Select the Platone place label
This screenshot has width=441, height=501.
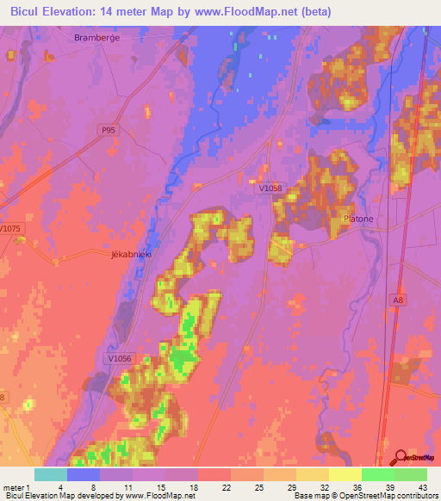(359, 220)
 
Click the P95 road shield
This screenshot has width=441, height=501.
(106, 129)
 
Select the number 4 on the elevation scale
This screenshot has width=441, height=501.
(68, 487)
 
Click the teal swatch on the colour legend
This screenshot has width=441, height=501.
(51, 474)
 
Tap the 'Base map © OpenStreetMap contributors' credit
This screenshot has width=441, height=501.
(365, 497)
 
